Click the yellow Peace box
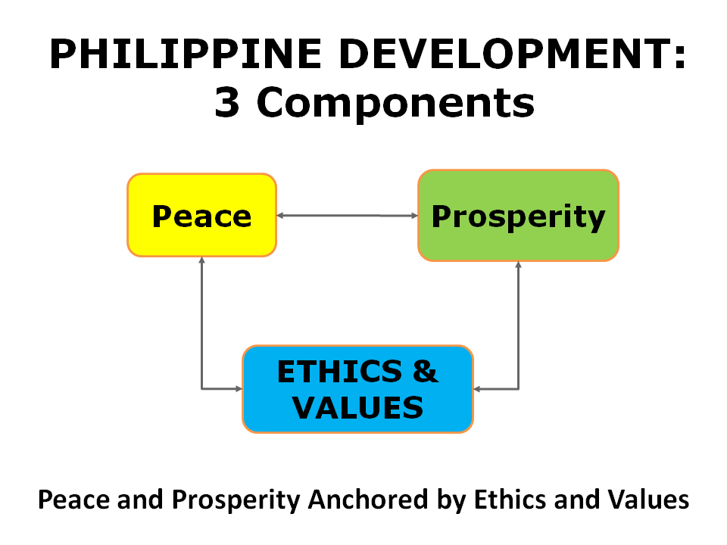pos(201,215)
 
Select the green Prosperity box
pos(518,216)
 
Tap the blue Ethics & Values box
pos(358,389)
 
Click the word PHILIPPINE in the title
pos(186,54)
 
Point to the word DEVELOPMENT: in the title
pos(513,54)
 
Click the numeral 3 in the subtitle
pos(227,102)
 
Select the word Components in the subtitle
pos(395,104)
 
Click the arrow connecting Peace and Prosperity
pos(348,216)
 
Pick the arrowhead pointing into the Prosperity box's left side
pos(414,216)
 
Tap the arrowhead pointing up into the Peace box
pos(201,260)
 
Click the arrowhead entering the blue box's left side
pos(239,389)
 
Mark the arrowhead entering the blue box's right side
pos(477,389)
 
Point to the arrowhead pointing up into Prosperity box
pos(518,265)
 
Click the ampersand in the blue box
pos(425,371)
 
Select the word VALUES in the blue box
pos(358,408)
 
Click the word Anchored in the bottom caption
pos(369,500)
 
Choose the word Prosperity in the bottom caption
pos(236,500)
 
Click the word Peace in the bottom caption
pos(74,500)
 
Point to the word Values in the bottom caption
pos(649,500)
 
